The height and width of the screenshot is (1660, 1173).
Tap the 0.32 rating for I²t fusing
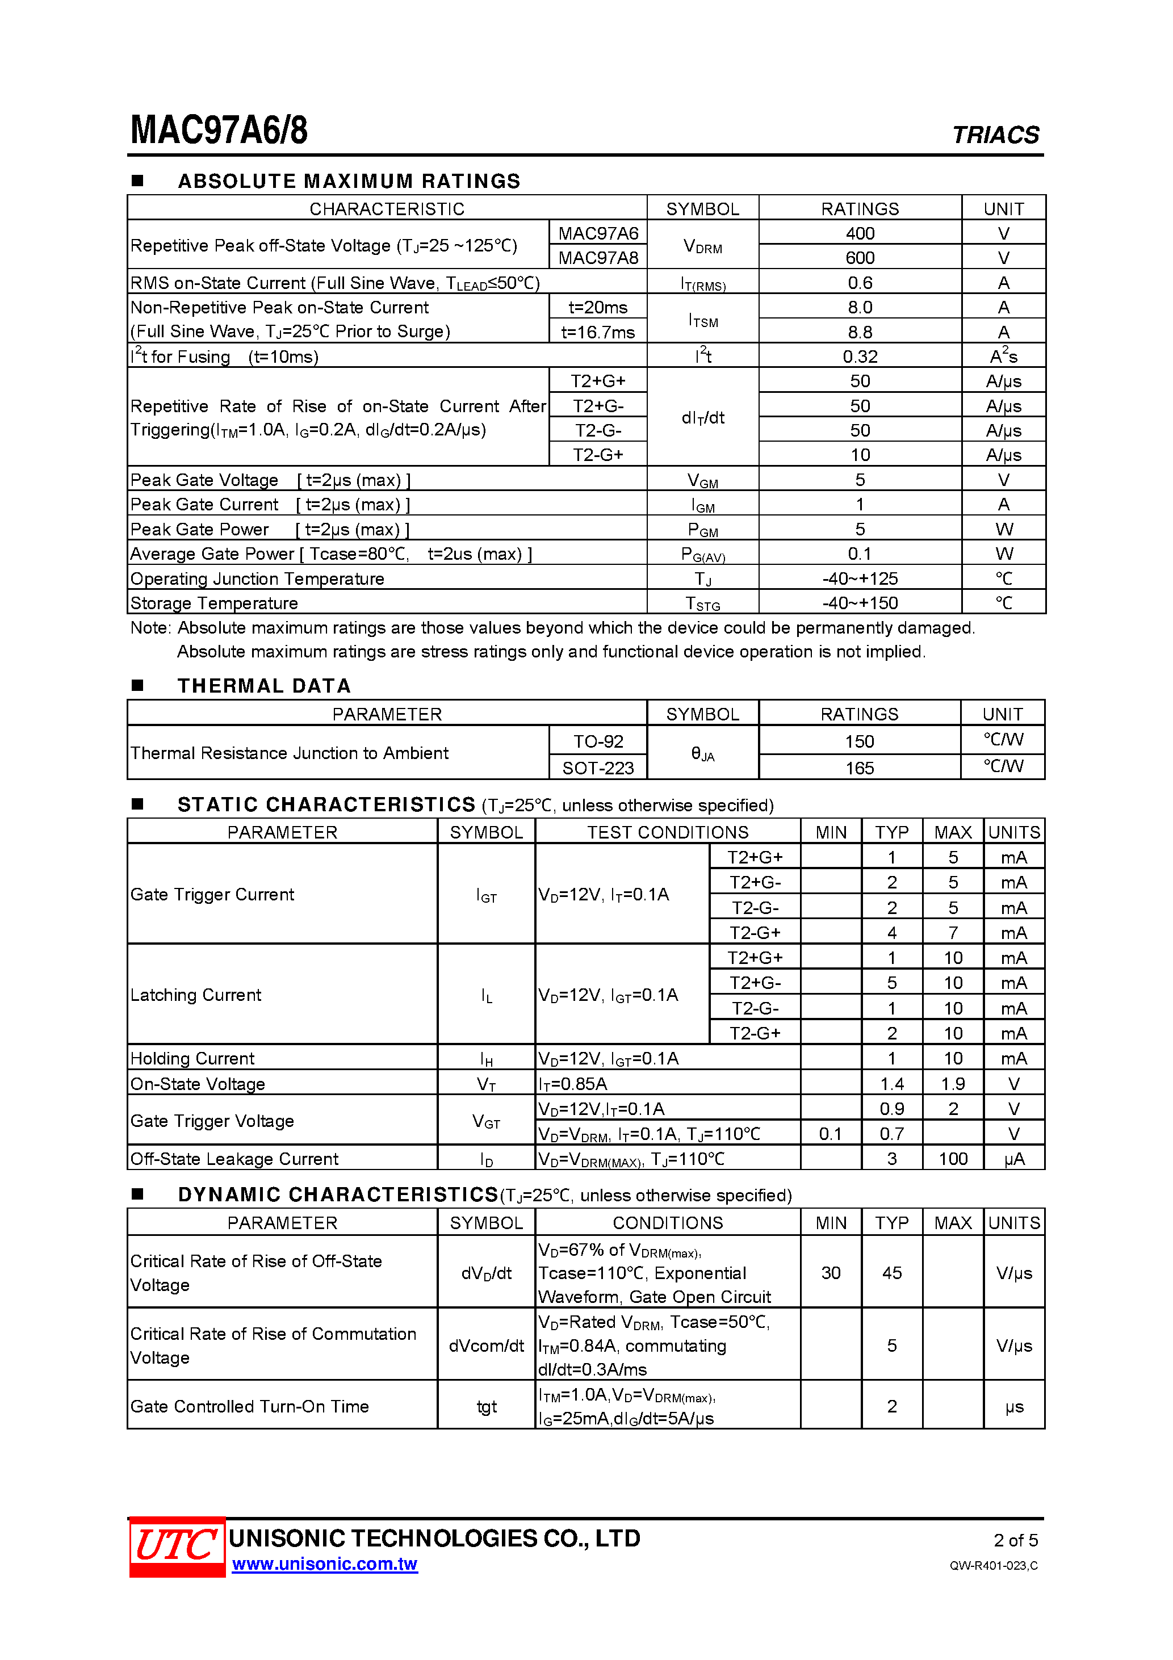(x=859, y=357)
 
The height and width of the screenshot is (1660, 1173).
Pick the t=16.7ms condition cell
(x=597, y=333)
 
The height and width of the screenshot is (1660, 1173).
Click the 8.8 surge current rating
(x=859, y=333)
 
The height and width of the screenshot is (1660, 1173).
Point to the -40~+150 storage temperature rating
(x=859, y=603)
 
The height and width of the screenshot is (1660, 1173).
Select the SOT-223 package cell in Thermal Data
(x=597, y=768)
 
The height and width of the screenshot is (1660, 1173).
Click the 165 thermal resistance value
(x=859, y=768)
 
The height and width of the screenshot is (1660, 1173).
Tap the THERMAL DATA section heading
(x=264, y=685)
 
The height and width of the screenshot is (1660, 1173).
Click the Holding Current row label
(x=192, y=1058)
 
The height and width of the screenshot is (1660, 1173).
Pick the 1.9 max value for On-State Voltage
(x=953, y=1084)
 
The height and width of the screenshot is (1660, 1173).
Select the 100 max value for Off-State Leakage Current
(x=953, y=1159)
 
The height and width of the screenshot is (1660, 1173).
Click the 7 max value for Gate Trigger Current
(x=953, y=933)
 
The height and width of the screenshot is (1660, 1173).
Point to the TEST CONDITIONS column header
(x=668, y=832)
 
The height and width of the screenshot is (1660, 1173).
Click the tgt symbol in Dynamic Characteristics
(x=486, y=1406)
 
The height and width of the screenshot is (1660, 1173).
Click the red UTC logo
(x=177, y=1546)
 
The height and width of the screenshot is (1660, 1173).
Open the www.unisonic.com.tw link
(x=325, y=1564)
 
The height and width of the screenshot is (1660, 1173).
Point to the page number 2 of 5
(x=1015, y=1540)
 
